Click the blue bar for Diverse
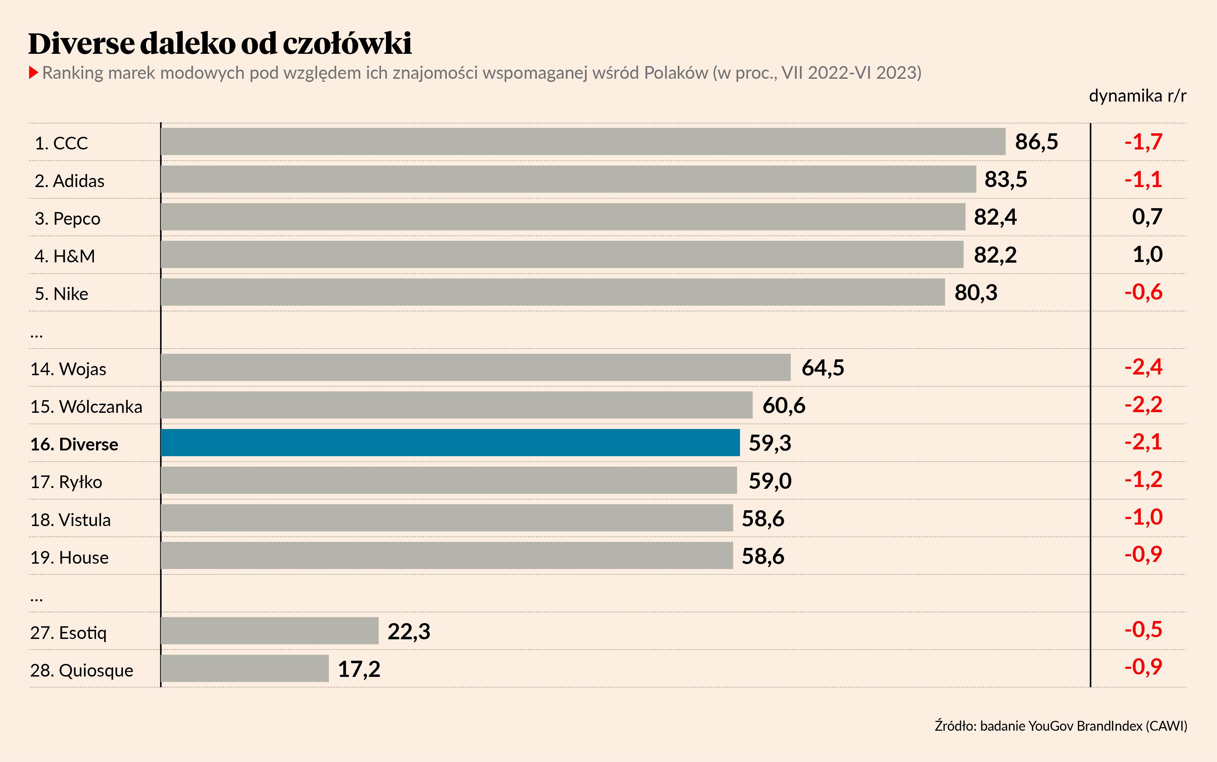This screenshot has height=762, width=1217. point(450,442)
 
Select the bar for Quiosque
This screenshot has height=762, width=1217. point(245,668)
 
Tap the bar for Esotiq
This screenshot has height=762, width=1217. point(270,630)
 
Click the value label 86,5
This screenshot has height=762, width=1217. point(1036,142)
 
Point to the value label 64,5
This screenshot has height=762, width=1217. point(822,367)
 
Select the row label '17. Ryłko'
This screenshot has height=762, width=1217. point(66,482)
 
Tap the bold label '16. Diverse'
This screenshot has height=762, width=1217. point(74,444)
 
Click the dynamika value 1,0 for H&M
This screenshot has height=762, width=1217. point(1147,255)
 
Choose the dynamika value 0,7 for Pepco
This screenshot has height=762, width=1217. point(1147,217)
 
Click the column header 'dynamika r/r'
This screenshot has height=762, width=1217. point(1137,95)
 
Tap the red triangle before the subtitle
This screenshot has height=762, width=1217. point(34,72)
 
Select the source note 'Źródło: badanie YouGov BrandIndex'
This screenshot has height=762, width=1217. point(1061,726)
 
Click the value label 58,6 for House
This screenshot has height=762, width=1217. point(762,556)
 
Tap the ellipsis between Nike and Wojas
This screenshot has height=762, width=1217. point(36,334)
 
